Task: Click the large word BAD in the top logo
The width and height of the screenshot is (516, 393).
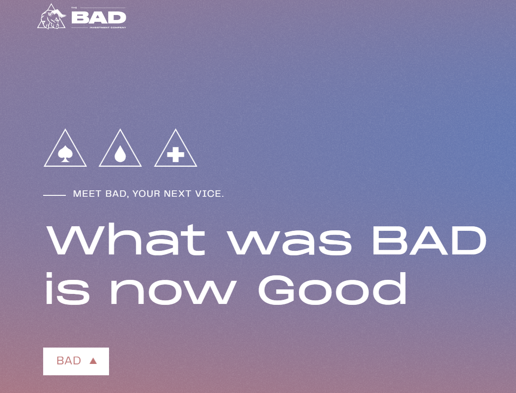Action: pyautogui.click(x=99, y=18)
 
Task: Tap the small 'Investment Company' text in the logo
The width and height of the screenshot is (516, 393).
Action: pyautogui.click(x=108, y=28)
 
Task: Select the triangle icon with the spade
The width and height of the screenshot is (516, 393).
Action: pyautogui.click(x=65, y=148)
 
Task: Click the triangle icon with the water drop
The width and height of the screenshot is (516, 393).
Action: pyautogui.click(x=120, y=148)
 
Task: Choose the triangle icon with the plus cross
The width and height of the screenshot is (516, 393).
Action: pyautogui.click(x=175, y=148)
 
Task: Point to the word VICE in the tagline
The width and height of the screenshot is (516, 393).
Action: pyautogui.click(x=209, y=194)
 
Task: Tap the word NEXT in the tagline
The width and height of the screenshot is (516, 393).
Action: pyautogui.click(x=178, y=194)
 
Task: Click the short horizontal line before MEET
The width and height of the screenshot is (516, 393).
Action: pyautogui.click(x=55, y=195)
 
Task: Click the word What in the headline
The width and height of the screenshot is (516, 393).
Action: pyautogui.click(x=126, y=239)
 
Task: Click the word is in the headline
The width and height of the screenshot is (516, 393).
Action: pyautogui.click(x=68, y=289)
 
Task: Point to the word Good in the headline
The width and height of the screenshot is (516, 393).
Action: pyautogui.click(x=332, y=289)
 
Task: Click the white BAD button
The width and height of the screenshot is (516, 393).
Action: pyautogui.click(x=76, y=361)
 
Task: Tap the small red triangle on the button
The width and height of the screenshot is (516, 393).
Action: pyautogui.click(x=93, y=361)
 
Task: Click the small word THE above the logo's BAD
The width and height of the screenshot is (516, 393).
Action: pyautogui.click(x=74, y=8)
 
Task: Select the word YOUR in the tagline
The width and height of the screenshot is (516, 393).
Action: pyautogui.click(x=146, y=194)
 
